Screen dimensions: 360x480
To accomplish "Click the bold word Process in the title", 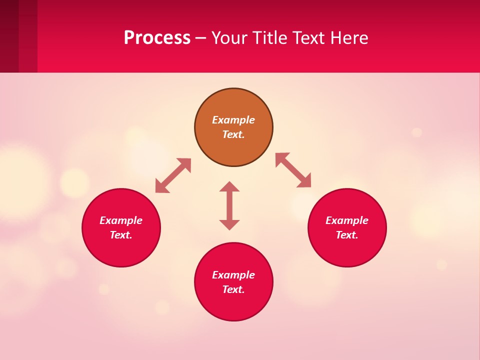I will tap(157, 38).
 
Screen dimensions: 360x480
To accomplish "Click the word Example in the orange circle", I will tap(233, 120).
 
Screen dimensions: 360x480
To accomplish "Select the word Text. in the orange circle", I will tap(233, 134).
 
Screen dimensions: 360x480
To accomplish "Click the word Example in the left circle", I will tap(121, 220).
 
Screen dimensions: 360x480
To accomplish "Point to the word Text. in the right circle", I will tap(347, 235).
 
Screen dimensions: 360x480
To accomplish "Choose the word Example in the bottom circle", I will tap(233, 275).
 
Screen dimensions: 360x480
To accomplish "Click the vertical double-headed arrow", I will tap(229, 205).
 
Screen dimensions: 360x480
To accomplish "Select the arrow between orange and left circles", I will tap(173, 175).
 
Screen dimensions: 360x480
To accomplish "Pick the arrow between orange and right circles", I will tap(293, 170).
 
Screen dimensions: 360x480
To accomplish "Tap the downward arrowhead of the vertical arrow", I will tap(229, 224).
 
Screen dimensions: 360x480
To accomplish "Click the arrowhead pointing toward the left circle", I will tap(161, 186).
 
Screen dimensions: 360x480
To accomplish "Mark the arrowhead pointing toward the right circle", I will tap(304, 181).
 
